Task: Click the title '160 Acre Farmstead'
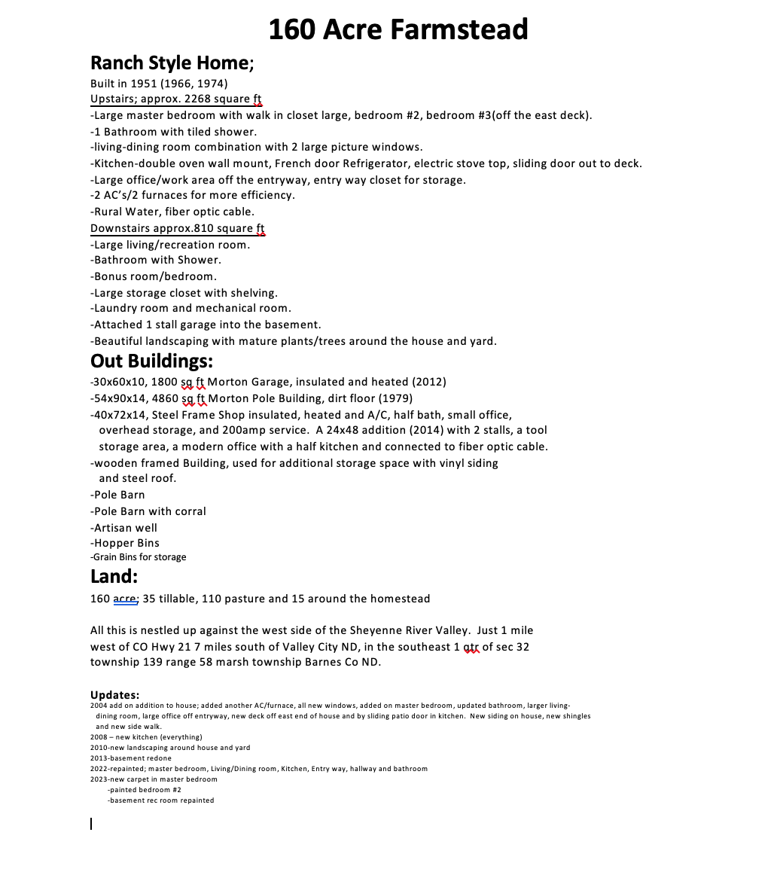tap(398, 30)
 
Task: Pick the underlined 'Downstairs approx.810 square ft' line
tap(177, 228)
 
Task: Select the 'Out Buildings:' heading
tap(151, 361)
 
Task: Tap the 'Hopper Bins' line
tap(125, 543)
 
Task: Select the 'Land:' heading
tap(114, 578)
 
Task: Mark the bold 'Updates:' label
tap(114, 694)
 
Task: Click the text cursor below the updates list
tap(92, 824)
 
